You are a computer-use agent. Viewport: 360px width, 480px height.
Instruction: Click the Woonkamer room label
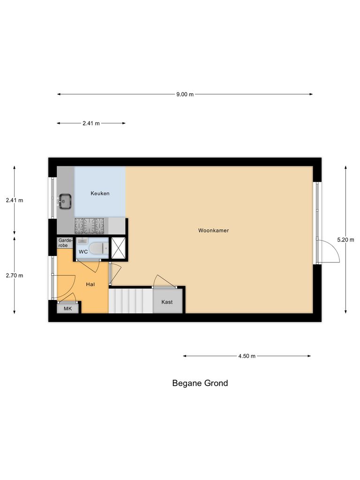(x=213, y=231)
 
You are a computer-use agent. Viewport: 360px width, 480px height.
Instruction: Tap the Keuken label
(x=100, y=193)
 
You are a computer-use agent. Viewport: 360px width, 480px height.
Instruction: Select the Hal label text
(x=91, y=285)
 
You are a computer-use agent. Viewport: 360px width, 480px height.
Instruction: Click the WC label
(x=83, y=252)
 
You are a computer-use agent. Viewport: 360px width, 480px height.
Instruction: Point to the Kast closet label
(x=167, y=302)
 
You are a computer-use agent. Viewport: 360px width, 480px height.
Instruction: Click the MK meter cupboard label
(x=68, y=309)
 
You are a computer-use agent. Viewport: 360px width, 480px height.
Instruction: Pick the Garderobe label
(x=65, y=242)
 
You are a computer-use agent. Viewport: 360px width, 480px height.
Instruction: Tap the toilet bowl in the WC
(x=97, y=248)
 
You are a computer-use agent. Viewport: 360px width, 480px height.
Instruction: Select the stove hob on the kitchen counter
(x=91, y=226)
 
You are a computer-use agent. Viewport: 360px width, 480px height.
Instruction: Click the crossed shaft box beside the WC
(x=118, y=248)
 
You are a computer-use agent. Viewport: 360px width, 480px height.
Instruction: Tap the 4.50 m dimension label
(x=247, y=356)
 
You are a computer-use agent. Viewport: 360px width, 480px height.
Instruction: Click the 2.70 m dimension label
(x=14, y=276)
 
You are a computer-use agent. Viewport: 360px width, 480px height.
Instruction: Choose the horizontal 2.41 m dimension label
(x=91, y=123)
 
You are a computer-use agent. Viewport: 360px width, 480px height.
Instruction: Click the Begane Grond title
(x=200, y=383)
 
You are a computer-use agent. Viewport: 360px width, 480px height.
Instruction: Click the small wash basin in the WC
(x=82, y=240)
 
